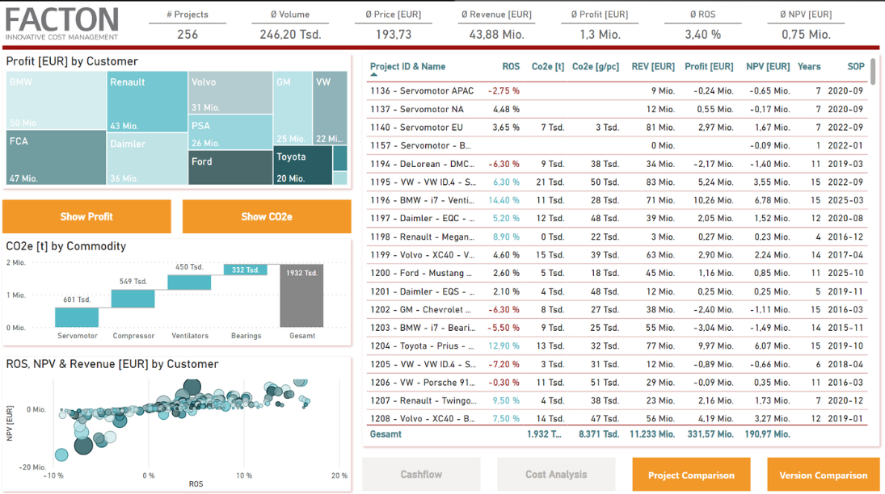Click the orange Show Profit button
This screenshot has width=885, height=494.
tap(86, 216)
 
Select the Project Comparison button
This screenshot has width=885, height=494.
tap(691, 475)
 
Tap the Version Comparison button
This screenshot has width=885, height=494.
tap(824, 475)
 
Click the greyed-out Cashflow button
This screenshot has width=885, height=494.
tap(421, 475)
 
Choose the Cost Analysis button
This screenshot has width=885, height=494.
tap(556, 475)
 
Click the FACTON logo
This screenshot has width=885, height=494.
tap(62, 23)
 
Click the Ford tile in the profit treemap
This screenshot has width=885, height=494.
tap(230, 167)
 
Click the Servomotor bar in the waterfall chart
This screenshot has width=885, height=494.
tap(77, 317)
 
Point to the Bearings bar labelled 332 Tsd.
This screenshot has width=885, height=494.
tap(246, 270)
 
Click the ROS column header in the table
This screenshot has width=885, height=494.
tap(510, 67)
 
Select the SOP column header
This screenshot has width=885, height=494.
tap(855, 67)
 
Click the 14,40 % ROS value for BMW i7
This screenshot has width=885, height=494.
tap(504, 200)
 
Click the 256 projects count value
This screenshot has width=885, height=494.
tap(188, 35)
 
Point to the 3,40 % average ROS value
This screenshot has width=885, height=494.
tap(702, 35)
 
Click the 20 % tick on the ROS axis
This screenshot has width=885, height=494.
tap(339, 475)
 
